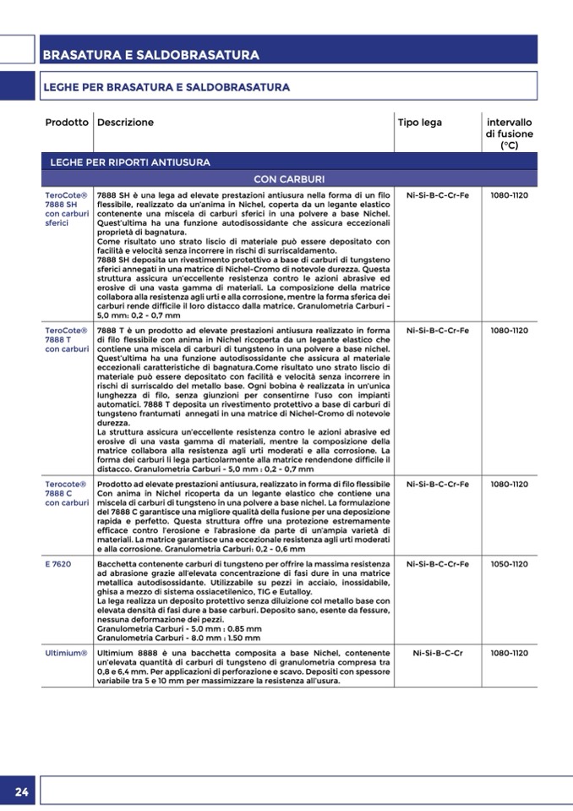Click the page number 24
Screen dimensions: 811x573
click(21, 792)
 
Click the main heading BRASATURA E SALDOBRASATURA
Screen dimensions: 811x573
click(150, 55)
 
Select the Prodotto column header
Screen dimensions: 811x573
click(67, 123)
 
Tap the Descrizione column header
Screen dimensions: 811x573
click(125, 123)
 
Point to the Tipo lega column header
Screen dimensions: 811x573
click(420, 123)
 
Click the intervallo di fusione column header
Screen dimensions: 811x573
click(509, 134)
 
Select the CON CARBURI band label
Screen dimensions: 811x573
click(289, 179)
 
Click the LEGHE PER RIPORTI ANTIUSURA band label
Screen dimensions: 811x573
click(130, 162)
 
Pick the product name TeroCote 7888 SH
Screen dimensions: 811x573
click(66, 209)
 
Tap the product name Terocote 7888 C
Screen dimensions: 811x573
click(66, 493)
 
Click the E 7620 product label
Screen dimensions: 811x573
click(58, 564)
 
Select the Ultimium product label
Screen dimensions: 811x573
click(66, 654)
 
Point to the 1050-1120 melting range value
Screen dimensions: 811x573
click(509, 564)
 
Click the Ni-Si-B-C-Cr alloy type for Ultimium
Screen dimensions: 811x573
click(438, 654)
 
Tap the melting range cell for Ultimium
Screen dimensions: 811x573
click(509, 654)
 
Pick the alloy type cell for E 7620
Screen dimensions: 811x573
click(438, 564)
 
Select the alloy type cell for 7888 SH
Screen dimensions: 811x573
click(438, 195)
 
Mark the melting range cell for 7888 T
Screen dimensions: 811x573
click(509, 330)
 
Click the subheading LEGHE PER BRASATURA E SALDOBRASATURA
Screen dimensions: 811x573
click(166, 87)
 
